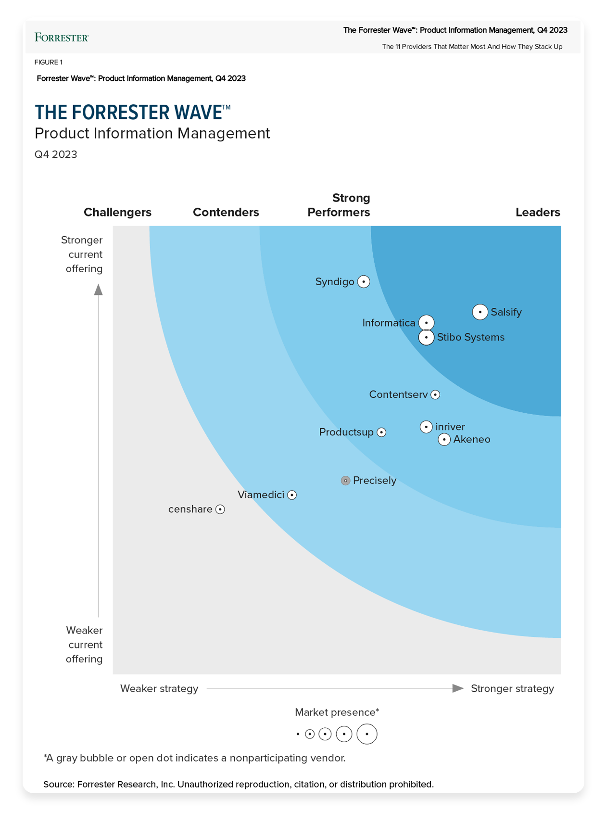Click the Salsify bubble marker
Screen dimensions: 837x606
pos(480,312)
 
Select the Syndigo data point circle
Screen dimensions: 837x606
pos(364,282)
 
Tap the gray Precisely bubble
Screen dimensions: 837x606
pos(345,481)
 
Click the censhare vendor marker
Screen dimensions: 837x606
pos(220,509)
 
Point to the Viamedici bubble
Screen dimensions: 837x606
pos(292,495)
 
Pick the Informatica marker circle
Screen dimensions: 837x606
pos(427,323)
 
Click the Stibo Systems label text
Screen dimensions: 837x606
pos(470,337)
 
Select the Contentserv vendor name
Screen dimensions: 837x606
pos(398,394)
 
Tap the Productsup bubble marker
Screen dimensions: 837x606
pos(381,432)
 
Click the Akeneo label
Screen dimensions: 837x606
pos(471,439)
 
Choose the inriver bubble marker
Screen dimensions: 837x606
pos(426,427)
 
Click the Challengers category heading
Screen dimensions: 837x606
pos(117,212)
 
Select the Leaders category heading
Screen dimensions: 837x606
pos(538,212)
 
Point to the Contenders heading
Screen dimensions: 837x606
pos(226,212)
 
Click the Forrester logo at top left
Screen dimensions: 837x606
pos(62,38)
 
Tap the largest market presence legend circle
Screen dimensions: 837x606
pos(367,734)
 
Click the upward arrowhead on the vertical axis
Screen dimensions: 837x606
pos(99,290)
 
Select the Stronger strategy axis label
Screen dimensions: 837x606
pos(512,688)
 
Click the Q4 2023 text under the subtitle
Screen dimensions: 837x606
pos(56,154)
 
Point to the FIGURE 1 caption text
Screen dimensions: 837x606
pos(49,62)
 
